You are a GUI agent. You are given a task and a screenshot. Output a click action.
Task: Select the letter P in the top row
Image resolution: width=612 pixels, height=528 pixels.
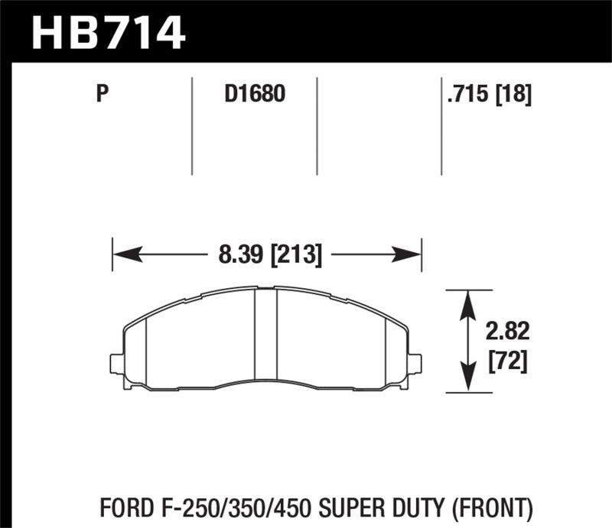point(101,95)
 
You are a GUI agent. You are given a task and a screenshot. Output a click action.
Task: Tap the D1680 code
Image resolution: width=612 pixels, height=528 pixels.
point(255,95)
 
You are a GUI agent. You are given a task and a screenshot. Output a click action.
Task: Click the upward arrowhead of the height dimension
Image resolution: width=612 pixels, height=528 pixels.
point(468,298)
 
